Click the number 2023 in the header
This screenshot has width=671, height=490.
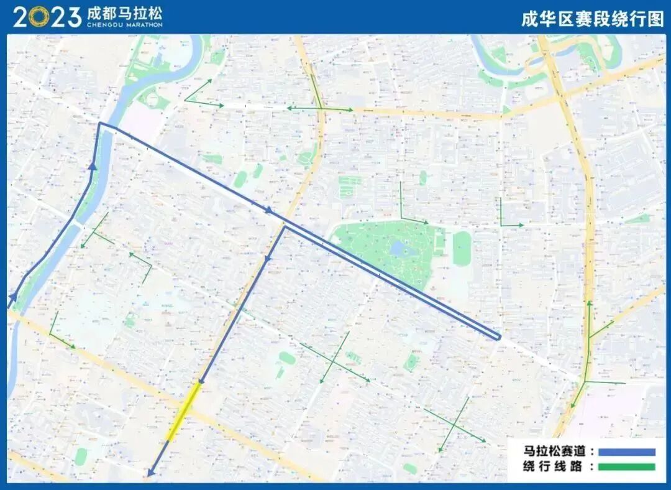(47, 17)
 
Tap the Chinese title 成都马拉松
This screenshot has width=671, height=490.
(124, 13)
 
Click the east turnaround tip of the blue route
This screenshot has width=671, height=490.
(498, 337)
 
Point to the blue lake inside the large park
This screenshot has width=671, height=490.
(398, 249)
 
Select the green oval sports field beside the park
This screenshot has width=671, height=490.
(462, 249)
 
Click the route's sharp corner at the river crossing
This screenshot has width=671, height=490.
(100, 124)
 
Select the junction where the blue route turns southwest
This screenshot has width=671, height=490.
(285, 226)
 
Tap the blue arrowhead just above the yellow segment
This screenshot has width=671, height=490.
(200, 380)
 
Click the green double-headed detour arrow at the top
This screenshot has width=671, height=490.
(320, 109)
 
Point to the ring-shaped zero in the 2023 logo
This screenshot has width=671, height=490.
(39, 17)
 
